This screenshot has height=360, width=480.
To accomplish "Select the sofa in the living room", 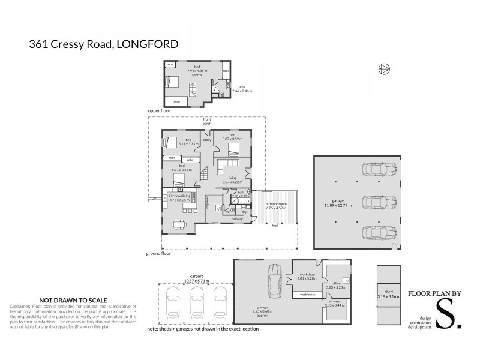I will click(x=229, y=164).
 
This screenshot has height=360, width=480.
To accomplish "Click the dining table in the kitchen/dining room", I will click(x=179, y=226).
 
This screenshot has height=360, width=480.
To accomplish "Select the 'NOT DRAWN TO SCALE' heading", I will click(x=73, y=300).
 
